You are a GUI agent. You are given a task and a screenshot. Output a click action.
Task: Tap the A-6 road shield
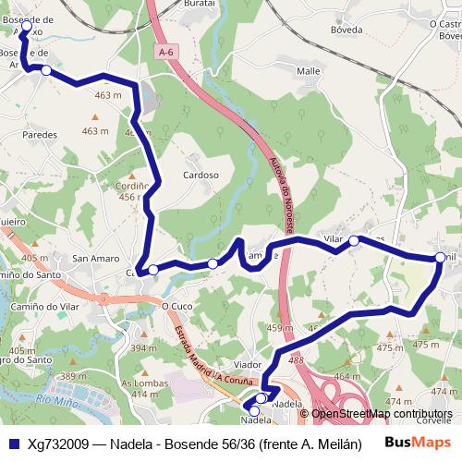[165, 53]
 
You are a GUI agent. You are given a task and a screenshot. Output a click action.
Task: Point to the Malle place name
[309, 71]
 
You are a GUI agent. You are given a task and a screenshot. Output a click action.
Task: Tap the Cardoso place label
[201, 175]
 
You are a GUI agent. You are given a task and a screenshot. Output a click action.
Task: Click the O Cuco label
[176, 305]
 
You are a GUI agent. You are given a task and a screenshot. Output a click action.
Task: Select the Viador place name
[249, 366]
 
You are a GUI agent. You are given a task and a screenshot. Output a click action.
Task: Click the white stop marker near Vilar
[353, 241]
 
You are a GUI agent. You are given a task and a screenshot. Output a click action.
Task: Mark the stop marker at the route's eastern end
[440, 258]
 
